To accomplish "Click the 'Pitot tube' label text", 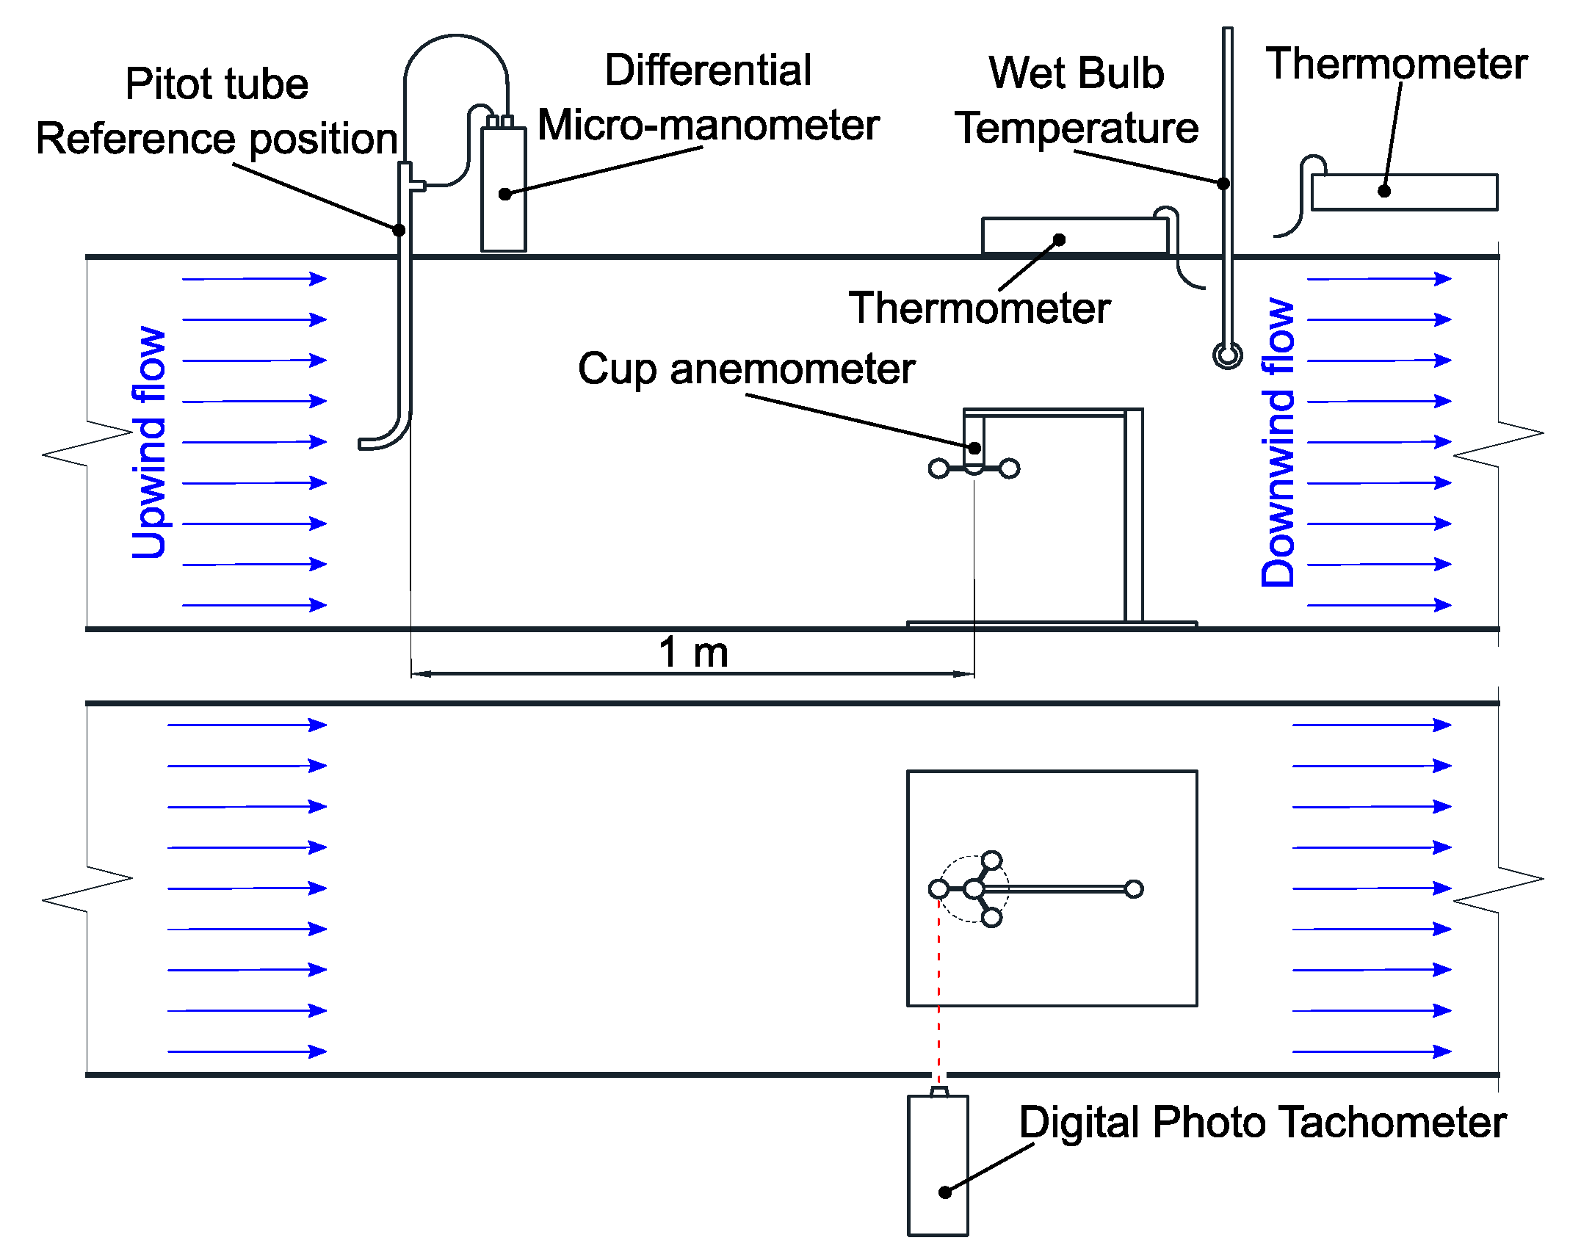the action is pos(217,84).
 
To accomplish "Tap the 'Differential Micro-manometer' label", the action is pos(708,98).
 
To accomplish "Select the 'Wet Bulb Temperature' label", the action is pos(1076,101).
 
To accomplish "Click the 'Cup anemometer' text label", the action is pos(746,368).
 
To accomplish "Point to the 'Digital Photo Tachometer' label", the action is pos(1262,1122).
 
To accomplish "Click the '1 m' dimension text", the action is pos(693,652).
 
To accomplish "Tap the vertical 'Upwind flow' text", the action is pos(149,442).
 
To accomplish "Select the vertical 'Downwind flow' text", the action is pos(1278,442).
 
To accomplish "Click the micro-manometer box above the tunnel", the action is pos(503,189).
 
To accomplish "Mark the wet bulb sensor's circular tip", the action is pos(1227,355).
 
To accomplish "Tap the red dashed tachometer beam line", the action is pos(938,991).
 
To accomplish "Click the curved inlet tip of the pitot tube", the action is pos(367,443).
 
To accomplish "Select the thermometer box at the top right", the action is pos(1404,192).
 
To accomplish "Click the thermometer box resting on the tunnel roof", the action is pos(1074,236).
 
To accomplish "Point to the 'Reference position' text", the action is pos(217,139).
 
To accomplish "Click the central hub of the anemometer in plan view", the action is pos(974,889).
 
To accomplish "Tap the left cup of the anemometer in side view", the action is pos(938,468).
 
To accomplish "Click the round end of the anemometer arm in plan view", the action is pos(1134,889).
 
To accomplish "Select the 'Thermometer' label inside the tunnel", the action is pos(979,308).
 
